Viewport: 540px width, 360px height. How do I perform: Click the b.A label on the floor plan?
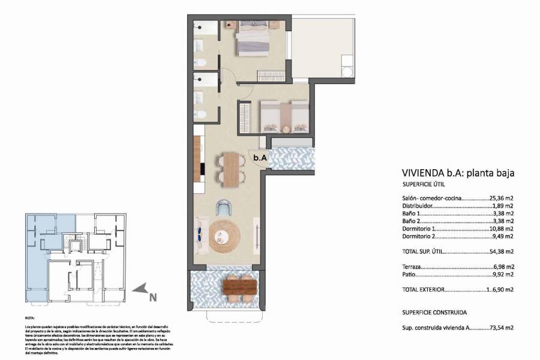pos(260,158)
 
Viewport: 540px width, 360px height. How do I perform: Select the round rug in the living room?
pos(224,234)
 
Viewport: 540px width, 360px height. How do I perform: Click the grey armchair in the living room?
pos(224,208)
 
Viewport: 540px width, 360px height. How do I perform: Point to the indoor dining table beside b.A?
pos(232,167)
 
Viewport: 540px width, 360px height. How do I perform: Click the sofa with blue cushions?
pos(197,233)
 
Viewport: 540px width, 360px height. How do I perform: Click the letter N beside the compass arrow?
pos(153,296)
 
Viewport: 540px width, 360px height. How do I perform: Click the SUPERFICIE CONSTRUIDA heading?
pos(434,313)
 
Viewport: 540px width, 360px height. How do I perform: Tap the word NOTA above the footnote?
pos(30,318)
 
